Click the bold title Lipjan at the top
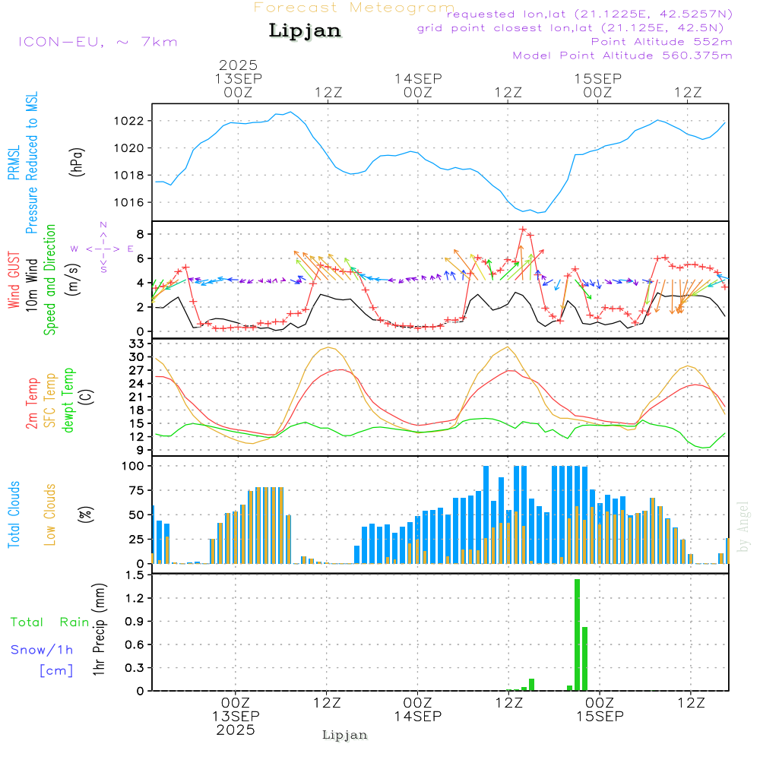pyautogui.click(x=305, y=31)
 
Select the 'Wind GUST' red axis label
pyautogui.click(x=14, y=281)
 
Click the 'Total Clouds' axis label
pyautogui.click(x=14, y=515)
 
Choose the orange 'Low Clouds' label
pyautogui.click(x=50, y=515)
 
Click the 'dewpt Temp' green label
pyautogui.click(x=68, y=401)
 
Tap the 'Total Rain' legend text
pyautogui.click(x=49, y=622)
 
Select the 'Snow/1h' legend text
pyautogui.click(x=42, y=650)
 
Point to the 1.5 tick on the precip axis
pyautogui.click(x=135, y=575)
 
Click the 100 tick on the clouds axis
pyautogui.click(x=134, y=466)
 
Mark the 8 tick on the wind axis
pyautogui.click(x=141, y=233)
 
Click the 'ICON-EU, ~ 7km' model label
pyautogui.click(x=97, y=42)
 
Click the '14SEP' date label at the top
pyautogui.click(x=418, y=78)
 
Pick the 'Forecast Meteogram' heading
pyautogui.click(x=354, y=8)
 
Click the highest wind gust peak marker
pyautogui.click(x=523, y=229)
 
